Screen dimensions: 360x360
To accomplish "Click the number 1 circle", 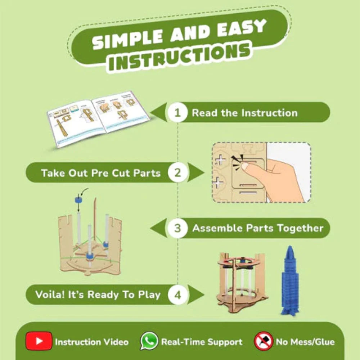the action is (x=177, y=112).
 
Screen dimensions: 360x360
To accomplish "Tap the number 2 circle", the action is (x=177, y=173).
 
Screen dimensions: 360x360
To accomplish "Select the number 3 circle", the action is (x=177, y=228).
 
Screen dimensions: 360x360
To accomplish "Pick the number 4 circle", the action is (x=177, y=295).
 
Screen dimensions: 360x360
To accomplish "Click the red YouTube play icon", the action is (x=39, y=341).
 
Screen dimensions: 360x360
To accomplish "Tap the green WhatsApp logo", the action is (x=149, y=341).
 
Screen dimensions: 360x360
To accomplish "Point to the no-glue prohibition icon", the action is (x=264, y=341).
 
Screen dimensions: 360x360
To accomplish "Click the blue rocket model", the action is (x=290, y=280).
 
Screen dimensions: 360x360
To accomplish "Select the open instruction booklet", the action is (x=98, y=119).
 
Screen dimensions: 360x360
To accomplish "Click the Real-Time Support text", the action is (x=202, y=342).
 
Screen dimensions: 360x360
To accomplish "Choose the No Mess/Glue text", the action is (x=305, y=342).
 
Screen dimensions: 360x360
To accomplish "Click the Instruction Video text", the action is (x=91, y=342).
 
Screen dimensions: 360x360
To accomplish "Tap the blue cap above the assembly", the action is (x=78, y=200).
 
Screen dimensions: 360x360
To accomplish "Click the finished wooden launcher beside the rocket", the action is (x=242, y=283).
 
